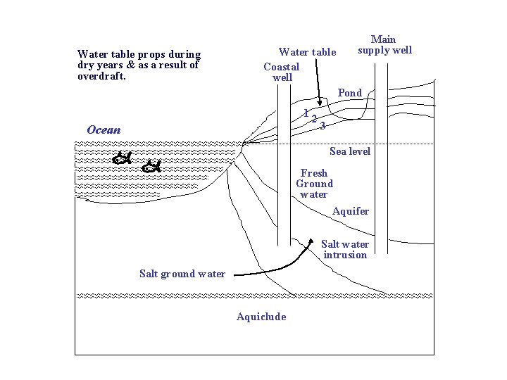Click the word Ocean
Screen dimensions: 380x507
pos(104,130)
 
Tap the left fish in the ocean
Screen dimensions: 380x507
pos(123,158)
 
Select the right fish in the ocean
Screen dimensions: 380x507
pos(151,167)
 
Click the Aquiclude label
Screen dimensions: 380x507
pos(261,317)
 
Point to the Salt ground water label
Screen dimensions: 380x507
pos(182,274)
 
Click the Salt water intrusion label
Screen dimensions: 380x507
pos(345,250)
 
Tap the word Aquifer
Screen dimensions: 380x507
pos(351,211)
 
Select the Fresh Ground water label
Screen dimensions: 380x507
pos(314,184)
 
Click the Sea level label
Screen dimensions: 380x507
pos(350,152)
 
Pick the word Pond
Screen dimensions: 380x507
pos(350,93)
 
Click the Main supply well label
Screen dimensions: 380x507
pos(384,44)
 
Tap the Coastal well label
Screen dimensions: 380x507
pos(282,72)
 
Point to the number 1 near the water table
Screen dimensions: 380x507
pos(306,113)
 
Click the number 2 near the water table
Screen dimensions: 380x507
pos(314,119)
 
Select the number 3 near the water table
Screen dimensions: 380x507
pos(323,126)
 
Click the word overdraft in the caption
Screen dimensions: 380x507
pos(101,76)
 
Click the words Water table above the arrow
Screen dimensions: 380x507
pos(308,52)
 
